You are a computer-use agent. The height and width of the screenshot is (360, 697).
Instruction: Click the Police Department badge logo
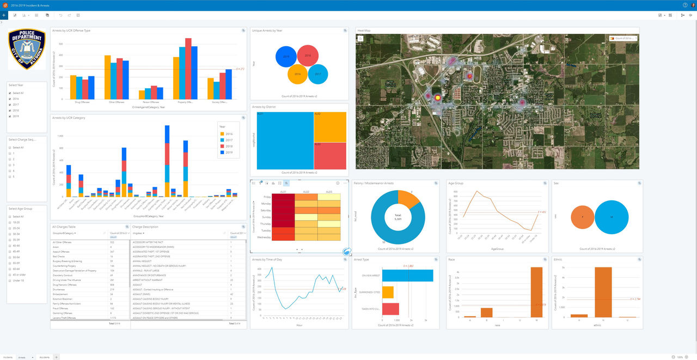click(27, 49)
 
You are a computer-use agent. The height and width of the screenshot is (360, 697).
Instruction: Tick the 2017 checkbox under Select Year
click(10, 105)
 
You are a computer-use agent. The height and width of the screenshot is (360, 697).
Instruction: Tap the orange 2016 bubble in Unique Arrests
click(298, 74)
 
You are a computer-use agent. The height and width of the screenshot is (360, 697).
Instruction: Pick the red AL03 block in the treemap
click(331, 156)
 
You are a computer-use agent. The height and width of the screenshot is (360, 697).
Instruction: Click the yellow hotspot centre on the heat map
click(436, 98)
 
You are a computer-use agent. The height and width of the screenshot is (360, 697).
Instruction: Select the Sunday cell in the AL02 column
click(306, 217)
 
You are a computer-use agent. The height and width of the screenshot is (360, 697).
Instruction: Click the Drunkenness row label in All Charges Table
click(60, 289)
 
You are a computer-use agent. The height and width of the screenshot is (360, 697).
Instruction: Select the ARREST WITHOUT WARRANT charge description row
click(150, 279)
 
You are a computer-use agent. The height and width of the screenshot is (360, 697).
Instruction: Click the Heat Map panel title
click(364, 30)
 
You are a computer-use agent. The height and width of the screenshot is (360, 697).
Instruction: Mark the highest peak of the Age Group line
click(477, 191)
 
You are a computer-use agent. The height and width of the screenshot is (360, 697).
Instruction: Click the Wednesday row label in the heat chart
click(265, 237)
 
